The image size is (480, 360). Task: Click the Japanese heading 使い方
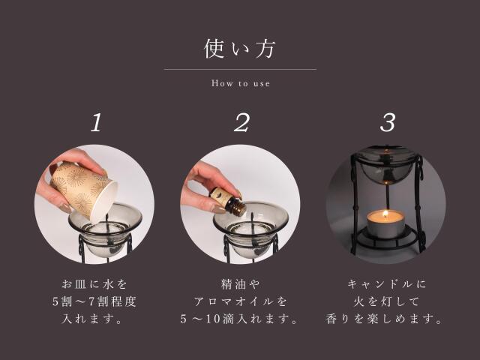(x=240, y=49)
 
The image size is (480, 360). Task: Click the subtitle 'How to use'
(x=240, y=83)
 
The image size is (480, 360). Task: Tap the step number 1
(x=95, y=123)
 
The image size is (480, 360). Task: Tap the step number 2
(x=240, y=123)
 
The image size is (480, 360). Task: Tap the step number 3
(x=387, y=123)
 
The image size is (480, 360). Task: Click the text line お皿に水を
(x=94, y=284)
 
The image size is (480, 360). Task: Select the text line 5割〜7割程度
(x=94, y=301)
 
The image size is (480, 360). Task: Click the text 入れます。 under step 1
(x=94, y=319)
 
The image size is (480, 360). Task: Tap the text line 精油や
(x=240, y=284)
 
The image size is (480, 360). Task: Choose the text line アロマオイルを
(x=240, y=301)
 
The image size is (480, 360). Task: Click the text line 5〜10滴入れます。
(x=240, y=319)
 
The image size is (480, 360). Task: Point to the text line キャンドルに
(x=386, y=284)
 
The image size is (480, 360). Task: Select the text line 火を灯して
(x=386, y=301)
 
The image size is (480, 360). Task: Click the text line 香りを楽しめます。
(x=386, y=319)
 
